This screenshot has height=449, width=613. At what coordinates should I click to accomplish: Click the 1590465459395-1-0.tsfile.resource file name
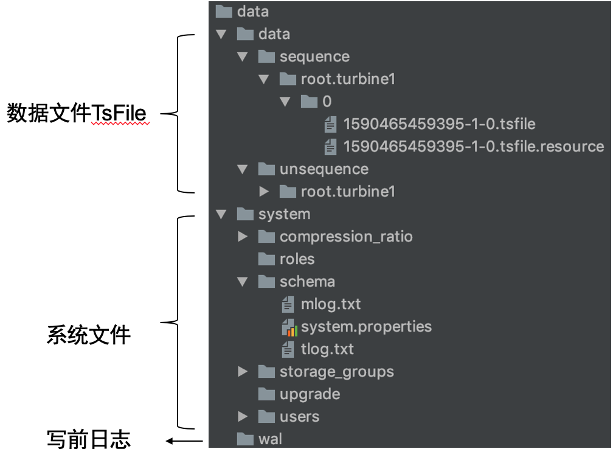[x=473, y=147]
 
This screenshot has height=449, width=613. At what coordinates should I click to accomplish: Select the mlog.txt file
[x=331, y=304]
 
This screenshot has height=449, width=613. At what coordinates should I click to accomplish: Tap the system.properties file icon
[x=289, y=327]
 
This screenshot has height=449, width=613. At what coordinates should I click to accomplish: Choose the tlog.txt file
[x=327, y=349]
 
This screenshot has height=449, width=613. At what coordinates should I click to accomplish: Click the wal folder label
[x=270, y=439]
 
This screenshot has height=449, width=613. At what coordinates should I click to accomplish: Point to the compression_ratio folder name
[x=346, y=237]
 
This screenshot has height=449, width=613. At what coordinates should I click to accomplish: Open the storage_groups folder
[x=336, y=372]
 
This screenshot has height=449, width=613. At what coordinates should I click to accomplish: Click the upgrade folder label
[x=310, y=394]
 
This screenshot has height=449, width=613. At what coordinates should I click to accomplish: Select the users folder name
[x=299, y=417]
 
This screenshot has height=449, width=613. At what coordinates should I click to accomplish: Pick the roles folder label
[x=297, y=259]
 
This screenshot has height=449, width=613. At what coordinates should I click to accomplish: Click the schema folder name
[x=307, y=282]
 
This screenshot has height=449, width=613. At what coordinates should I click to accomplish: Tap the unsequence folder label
[x=324, y=169]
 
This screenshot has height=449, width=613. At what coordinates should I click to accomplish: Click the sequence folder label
[x=314, y=57]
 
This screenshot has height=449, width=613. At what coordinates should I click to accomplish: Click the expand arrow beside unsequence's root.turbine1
[x=264, y=192]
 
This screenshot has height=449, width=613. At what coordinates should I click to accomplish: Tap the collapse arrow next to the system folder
[x=221, y=214]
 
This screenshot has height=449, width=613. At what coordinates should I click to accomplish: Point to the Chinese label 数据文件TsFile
[x=77, y=113]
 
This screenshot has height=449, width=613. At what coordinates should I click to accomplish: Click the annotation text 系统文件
[x=89, y=335]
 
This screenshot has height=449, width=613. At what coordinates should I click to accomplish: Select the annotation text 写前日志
[x=89, y=439]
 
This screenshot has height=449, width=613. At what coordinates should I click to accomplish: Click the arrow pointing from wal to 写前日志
[x=186, y=440]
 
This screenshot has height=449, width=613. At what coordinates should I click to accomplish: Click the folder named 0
[x=327, y=102]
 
